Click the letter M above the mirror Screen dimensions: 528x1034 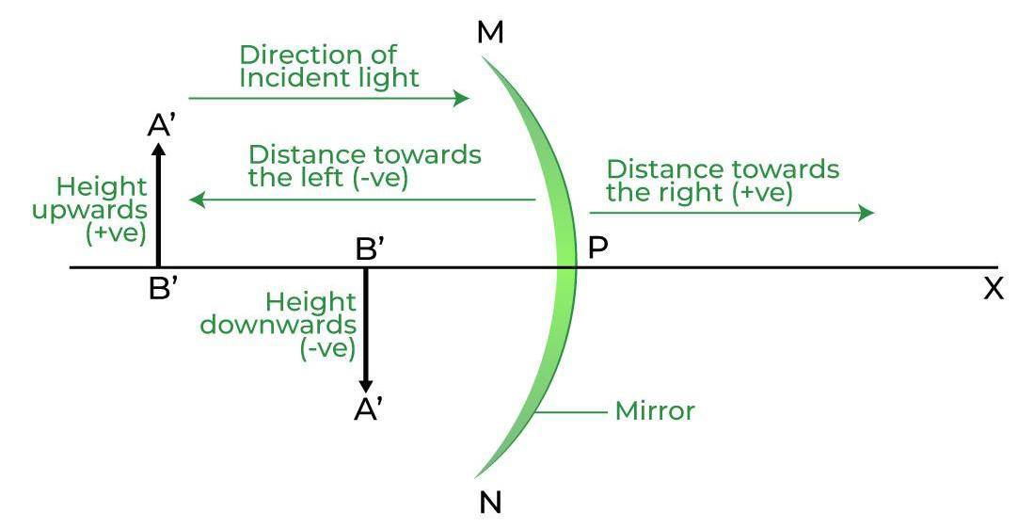(490, 32)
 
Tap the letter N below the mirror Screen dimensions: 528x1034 (490, 503)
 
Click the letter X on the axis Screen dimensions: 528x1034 (993, 289)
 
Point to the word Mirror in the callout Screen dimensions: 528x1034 (655, 411)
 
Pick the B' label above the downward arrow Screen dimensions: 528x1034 (369, 249)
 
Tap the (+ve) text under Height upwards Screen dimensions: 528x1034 (116, 232)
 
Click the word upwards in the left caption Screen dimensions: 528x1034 (89, 210)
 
